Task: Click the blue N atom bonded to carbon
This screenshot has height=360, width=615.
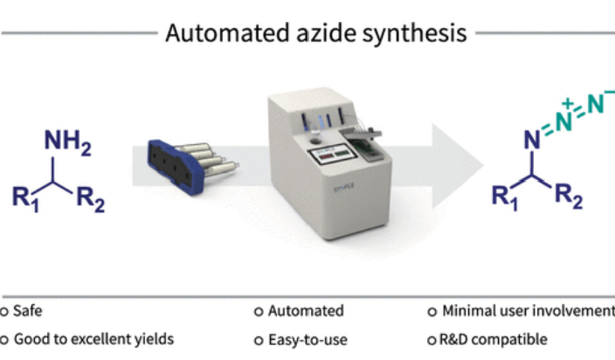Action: point(530,139)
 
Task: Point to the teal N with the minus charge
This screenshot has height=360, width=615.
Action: point(599,105)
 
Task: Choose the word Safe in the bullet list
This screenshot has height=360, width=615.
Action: point(29,310)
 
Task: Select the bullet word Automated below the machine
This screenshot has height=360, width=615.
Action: point(305,310)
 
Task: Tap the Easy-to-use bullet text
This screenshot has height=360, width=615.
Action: point(304,339)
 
